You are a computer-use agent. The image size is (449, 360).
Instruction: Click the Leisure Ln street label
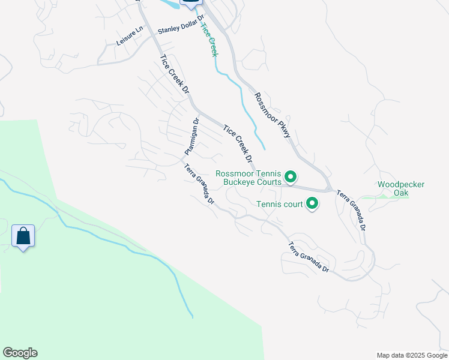[x=130, y=36]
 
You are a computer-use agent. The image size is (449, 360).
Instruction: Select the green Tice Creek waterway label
[x=208, y=40]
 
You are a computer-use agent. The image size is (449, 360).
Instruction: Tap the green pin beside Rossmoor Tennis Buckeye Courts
[x=291, y=177]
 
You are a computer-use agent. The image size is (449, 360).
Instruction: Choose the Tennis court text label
[x=280, y=204]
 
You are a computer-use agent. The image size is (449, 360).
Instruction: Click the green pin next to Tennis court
[x=312, y=204]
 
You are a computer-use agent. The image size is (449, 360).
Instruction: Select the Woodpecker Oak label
[x=400, y=188]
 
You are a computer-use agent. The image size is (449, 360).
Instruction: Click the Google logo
[x=20, y=353]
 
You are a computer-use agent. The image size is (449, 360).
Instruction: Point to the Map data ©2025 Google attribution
[x=412, y=355]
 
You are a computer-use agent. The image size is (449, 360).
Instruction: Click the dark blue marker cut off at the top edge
[x=191, y=4]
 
